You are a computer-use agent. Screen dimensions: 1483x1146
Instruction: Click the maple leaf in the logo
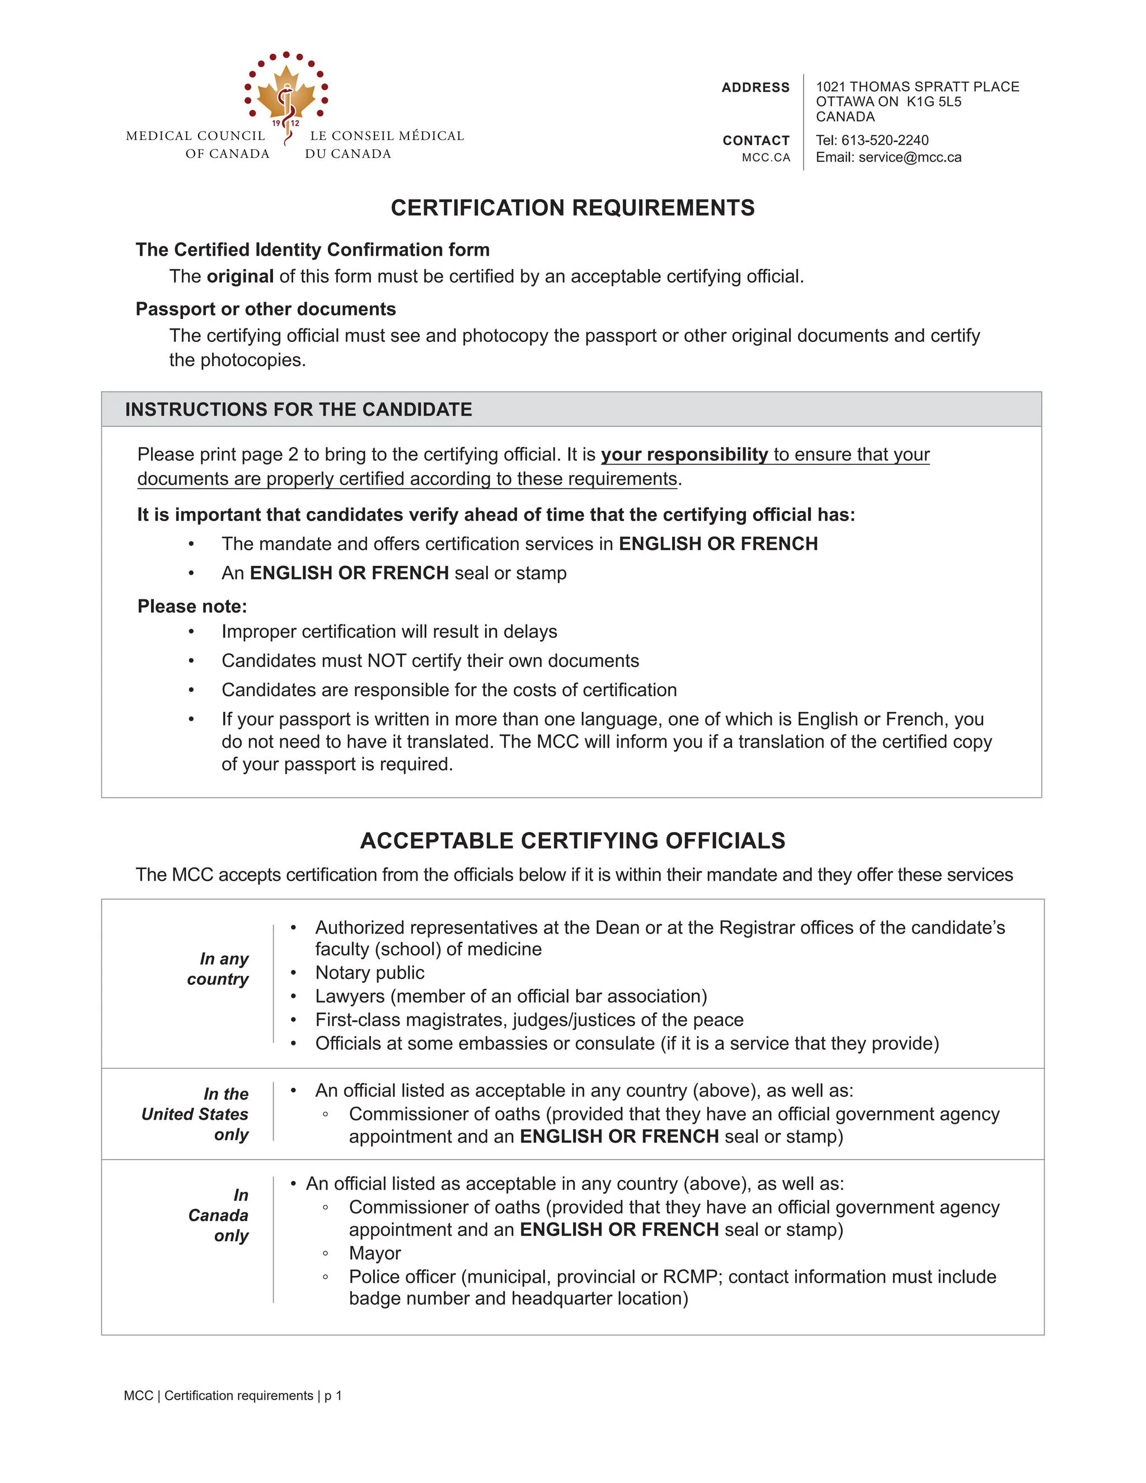tap(286, 95)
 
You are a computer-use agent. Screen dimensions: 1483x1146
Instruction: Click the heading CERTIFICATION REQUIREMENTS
tap(572, 208)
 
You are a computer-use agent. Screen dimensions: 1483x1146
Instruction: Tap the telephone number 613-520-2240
tap(885, 140)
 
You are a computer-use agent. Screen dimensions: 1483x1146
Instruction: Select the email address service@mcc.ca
tap(910, 158)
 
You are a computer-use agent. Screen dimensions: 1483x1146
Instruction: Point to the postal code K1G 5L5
tap(934, 102)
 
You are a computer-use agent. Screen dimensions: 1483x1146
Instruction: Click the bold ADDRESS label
tap(755, 88)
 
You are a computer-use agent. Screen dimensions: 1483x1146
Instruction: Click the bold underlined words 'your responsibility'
tap(684, 454)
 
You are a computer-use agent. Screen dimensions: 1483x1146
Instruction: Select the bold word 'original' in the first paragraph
tap(240, 276)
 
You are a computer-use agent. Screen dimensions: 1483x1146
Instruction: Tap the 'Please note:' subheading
tap(192, 607)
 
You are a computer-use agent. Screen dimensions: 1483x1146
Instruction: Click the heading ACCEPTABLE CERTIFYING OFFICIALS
tap(572, 841)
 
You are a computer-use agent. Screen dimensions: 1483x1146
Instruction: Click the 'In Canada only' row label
tap(219, 1215)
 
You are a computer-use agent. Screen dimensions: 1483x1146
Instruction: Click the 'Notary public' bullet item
tap(370, 973)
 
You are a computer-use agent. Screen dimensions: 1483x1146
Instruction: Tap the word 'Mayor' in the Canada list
tap(375, 1253)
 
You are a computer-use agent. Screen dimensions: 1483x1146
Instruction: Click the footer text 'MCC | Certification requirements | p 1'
tap(233, 1395)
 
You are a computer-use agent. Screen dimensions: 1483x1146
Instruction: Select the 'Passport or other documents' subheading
tap(265, 309)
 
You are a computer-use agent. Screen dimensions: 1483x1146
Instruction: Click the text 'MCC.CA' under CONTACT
tap(766, 158)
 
